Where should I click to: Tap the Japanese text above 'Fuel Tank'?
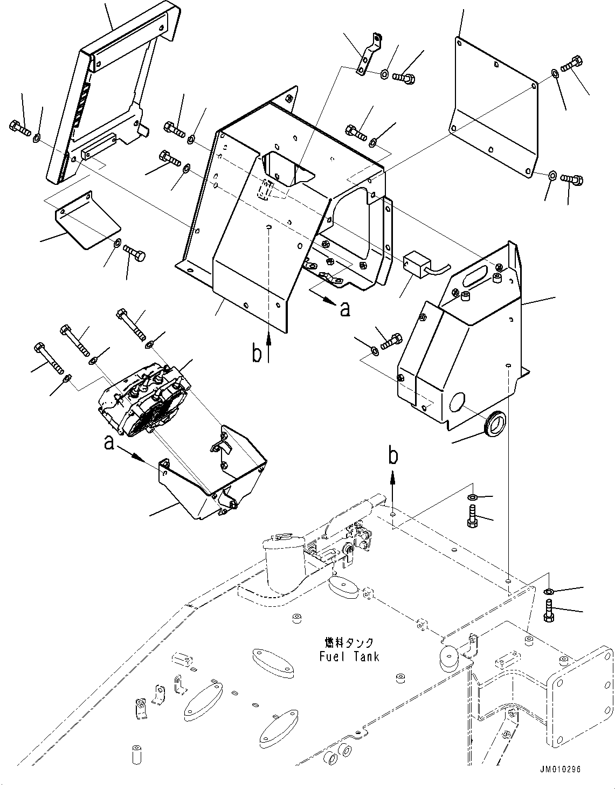click(x=349, y=643)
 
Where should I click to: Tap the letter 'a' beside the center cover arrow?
click(x=345, y=309)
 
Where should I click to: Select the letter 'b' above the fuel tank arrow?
click(x=394, y=456)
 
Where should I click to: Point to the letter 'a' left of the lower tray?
click(x=109, y=443)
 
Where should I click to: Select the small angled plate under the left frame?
click(x=86, y=221)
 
